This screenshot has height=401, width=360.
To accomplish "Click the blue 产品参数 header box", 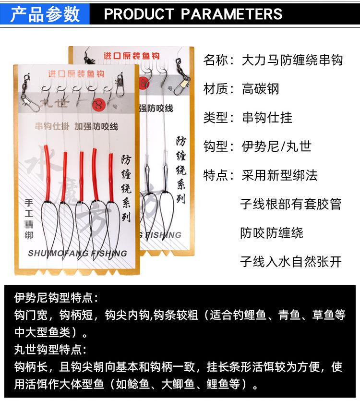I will pos(45,14).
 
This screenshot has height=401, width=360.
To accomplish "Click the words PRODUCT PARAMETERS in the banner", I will pos(193,14).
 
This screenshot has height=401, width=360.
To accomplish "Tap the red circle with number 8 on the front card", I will pos(98,104).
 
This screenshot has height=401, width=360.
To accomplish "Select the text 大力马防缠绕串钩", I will pos(292,60).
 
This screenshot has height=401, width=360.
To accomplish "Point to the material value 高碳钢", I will pos(260,89).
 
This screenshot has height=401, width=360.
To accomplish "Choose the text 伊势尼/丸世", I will pos(276,146).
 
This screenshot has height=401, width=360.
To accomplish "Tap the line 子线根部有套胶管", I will pos(291,204).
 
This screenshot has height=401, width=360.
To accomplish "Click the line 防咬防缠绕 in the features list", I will pos(272,233).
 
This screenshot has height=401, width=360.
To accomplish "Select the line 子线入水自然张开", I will pos(291,261).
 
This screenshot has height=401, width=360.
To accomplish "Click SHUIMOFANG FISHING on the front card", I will pos(77,253).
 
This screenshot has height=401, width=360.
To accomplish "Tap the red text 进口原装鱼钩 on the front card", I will pos(76,74).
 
